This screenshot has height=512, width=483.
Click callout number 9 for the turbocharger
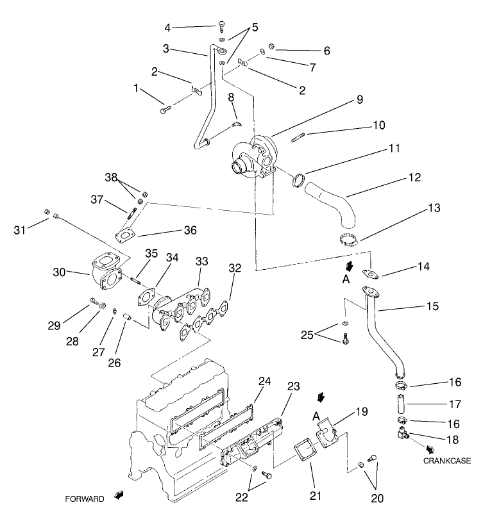point(360,99)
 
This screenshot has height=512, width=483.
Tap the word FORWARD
point(84,498)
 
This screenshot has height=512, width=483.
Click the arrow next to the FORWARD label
point(118,495)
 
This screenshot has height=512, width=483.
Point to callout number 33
point(202,261)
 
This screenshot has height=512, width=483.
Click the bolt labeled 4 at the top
point(221,26)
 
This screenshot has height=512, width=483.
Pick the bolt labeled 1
point(164,110)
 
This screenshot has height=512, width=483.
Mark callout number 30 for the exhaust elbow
point(60,272)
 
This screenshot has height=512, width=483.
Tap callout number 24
point(266,381)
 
